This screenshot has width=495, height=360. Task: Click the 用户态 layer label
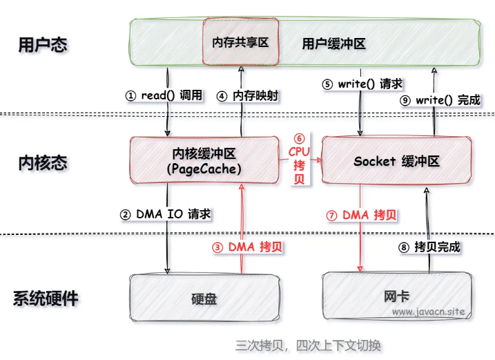(43, 45)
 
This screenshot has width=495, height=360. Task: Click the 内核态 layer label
(43, 163)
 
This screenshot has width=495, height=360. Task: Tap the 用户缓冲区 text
(333, 44)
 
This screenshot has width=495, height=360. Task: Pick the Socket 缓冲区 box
(396, 160)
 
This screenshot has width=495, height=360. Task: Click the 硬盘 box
(204, 299)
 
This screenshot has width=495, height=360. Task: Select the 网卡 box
(396, 297)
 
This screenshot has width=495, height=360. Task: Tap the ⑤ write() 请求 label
(362, 84)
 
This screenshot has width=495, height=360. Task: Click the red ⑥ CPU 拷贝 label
(300, 159)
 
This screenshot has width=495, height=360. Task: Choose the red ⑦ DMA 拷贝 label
(362, 215)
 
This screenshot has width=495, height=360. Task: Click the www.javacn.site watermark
(428, 312)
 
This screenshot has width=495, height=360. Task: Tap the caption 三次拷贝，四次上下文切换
(309, 345)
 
